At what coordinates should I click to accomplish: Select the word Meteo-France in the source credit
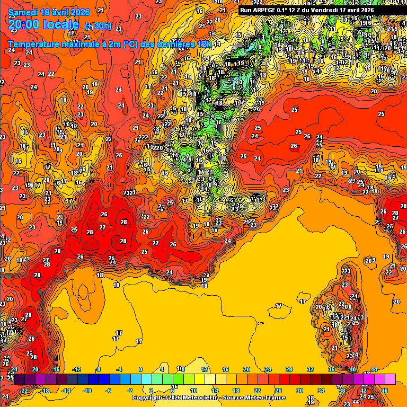click(x=267, y=397)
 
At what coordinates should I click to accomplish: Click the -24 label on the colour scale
click(x=14, y=369)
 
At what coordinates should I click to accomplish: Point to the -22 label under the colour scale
click(x=24, y=390)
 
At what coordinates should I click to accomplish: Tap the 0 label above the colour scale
click(x=140, y=369)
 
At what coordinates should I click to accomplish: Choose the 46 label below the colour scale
click(x=385, y=390)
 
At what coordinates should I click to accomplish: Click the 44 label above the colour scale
click(x=374, y=369)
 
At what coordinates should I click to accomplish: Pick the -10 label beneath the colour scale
click(x=88, y=390)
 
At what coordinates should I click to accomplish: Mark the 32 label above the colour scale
click(x=310, y=369)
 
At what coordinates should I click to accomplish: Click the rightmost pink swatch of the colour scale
click(x=390, y=379)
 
